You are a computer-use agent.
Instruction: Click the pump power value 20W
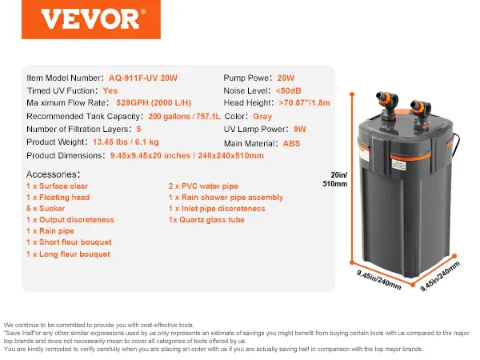(x=286, y=78)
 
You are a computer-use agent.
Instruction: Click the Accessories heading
(x=53, y=174)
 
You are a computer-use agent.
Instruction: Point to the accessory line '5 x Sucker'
(x=46, y=208)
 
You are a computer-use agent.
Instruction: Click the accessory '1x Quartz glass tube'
(x=206, y=219)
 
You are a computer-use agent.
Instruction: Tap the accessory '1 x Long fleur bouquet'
(x=69, y=253)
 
